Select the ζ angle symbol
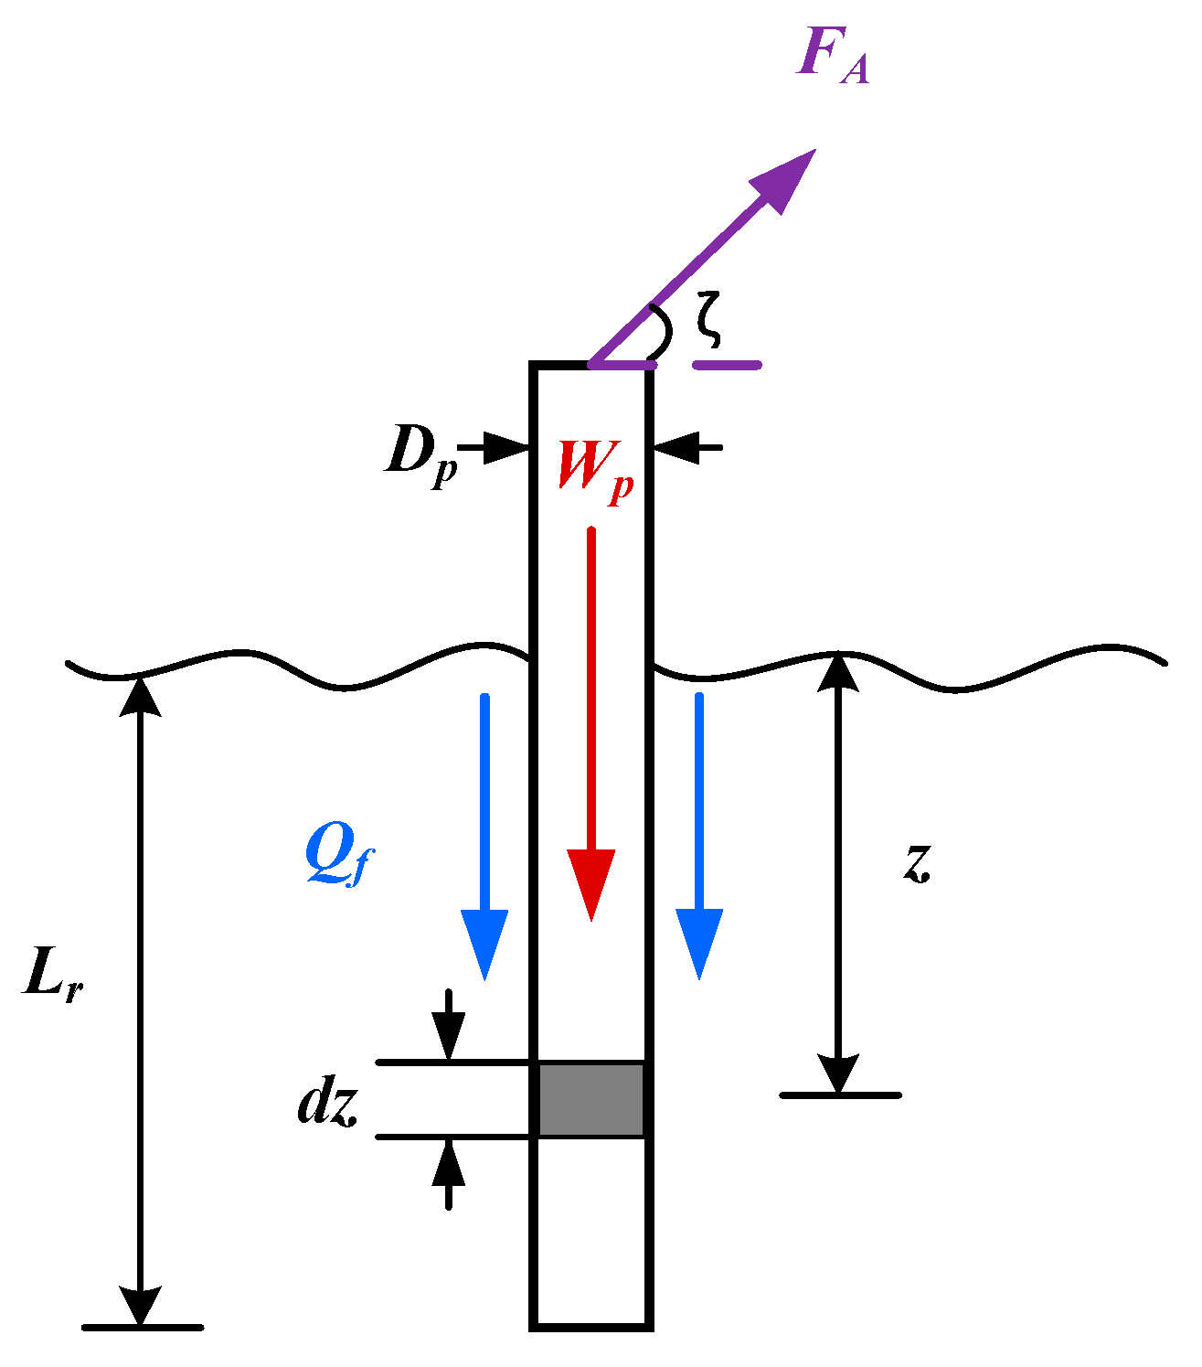point(707,319)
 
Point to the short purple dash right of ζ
point(727,365)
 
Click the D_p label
point(420,454)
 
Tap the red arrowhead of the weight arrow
point(590,882)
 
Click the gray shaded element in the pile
point(590,1099)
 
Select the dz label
point(326,1105)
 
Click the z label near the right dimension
point(917,861)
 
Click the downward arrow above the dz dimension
point(448,1029)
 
